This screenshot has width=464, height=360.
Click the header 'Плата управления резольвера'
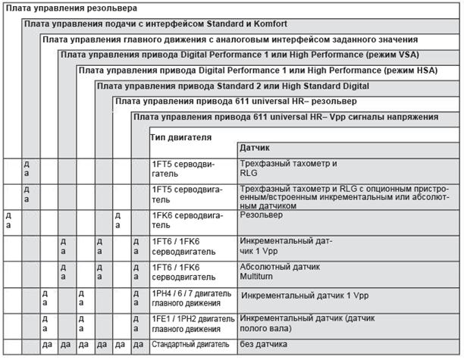[71, 8]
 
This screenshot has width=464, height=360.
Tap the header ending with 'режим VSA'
[239, 55]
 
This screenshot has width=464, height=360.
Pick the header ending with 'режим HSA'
[258, 70]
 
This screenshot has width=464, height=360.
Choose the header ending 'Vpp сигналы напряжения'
[284, 117]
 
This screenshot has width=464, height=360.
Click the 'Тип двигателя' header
[180, 137]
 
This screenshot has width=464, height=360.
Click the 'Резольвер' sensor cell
[261, 215]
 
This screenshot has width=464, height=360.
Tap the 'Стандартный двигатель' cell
[192, 345]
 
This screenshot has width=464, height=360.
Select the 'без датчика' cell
[262, 345]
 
